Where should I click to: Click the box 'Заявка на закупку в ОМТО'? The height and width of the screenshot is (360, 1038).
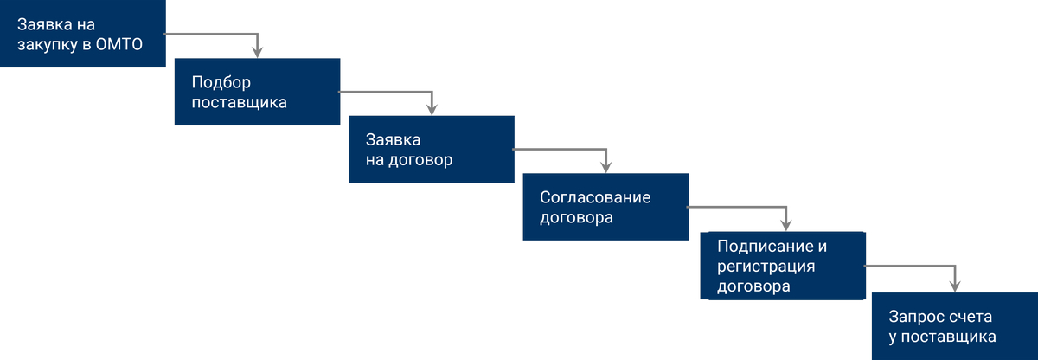(82, 34)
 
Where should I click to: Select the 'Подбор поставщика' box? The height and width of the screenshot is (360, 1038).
(257, 92)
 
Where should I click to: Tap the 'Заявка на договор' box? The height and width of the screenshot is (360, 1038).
(432, 149)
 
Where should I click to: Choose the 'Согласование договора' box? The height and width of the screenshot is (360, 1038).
(605, 207)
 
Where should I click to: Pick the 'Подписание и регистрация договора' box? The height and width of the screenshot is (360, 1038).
(783, 266)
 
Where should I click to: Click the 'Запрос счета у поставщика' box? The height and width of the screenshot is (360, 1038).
(955, 326)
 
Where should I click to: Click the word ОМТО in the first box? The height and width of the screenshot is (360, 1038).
(119, 44)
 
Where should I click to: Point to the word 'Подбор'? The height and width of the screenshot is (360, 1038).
(221, 82)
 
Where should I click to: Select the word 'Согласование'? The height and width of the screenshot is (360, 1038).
(595, 197)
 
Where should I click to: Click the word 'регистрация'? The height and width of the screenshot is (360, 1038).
(766, 267)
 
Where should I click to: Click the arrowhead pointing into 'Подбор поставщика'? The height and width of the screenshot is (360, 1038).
(257, 52)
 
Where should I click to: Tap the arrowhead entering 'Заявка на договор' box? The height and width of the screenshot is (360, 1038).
(432, 109)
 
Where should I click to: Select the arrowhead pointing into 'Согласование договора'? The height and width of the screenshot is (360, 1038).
(606, 167)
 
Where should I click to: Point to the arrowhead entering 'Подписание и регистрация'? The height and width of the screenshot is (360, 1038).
(786, 225)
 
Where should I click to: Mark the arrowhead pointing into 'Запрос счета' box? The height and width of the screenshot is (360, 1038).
(955, 286)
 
